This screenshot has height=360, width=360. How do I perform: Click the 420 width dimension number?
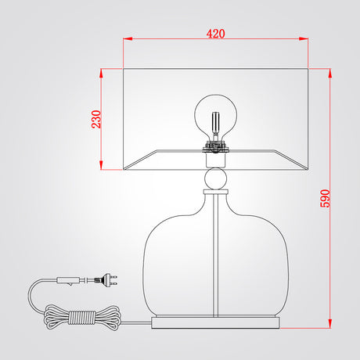pyautogui.click(x=215, y=34)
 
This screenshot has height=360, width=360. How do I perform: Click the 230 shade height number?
pyautogui.click(x=96, y=119)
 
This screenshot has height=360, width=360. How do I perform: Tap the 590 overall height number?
pyautogui.click(x=325, y=199)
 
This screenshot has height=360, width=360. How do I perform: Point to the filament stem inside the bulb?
pyautogui.click(x=216, y=124)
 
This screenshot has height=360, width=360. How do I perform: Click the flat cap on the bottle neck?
pyautogui.click(x=216, y=192)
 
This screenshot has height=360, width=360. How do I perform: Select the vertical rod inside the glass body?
pyautogui.click(x=216, y=255)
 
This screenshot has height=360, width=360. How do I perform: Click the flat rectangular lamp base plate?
pyautogui.click(x=215, y=322)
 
